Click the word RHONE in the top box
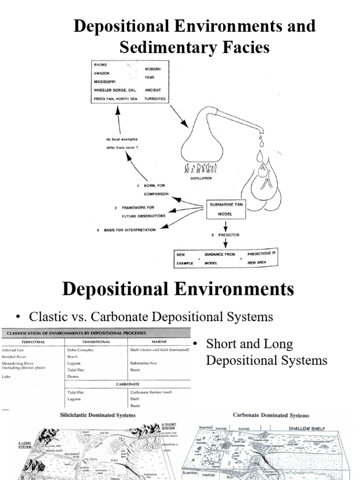click(100, 65)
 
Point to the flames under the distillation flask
click(202, 168)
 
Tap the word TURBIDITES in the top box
click(155, 98)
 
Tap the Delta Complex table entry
click(81, 350)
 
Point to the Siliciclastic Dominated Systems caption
click(97, 415)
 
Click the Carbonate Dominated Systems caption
click(271, 415)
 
